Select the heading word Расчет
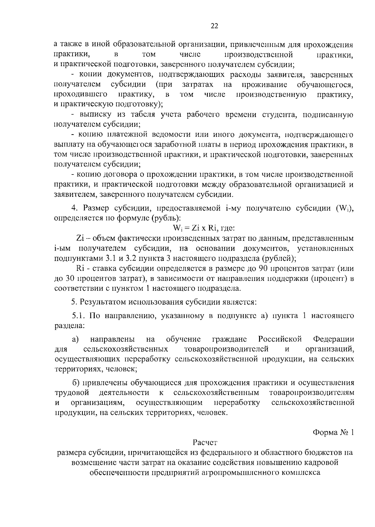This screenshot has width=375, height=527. coord(205,443)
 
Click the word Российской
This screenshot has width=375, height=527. coord(280,339)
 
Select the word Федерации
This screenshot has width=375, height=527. coord(334,339)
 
